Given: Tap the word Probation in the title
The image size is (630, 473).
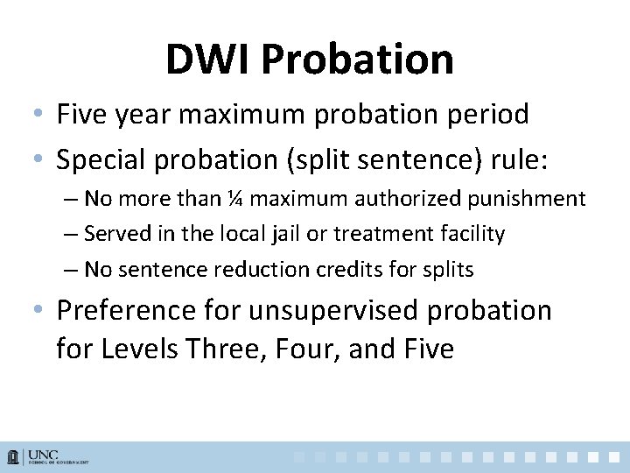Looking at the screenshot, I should pyautogui.click(x=357, y=60).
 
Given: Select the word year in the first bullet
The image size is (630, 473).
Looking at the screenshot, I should pyautogui.click(x=157, y=114).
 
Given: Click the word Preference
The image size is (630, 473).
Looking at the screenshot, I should pyautogui.click(x=127, y=311).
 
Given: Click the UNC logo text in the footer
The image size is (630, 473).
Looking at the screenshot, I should pyautogui.click(x=43, y=455).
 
